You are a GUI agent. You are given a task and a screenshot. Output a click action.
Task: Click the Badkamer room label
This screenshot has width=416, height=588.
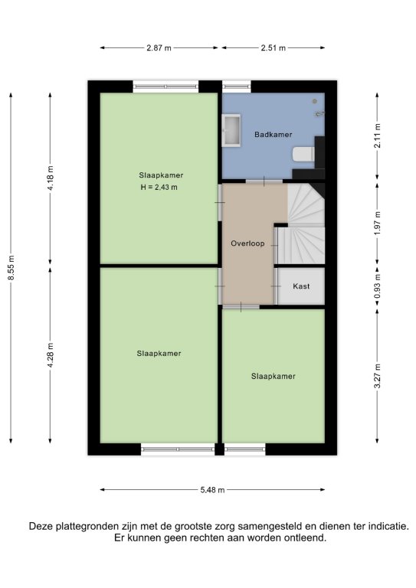click(273, 134)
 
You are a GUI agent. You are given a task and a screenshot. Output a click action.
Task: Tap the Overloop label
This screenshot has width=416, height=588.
click(247, 243)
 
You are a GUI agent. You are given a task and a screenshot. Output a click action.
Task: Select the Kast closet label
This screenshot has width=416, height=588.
click(301, 286)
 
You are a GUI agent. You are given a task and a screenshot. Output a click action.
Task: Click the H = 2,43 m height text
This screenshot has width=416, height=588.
click(159, 187)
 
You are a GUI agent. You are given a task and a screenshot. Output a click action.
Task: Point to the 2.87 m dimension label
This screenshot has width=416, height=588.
click(159, 47)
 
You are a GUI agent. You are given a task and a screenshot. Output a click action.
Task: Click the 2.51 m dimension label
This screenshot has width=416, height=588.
click(274, 47)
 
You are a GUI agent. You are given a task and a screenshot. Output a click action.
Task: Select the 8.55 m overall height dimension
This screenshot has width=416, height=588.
click(11, 267)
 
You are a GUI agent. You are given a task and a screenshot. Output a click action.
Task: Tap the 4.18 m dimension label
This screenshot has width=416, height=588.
click(51, 178)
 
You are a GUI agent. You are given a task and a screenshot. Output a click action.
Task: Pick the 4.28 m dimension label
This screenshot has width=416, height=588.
click(51, 354)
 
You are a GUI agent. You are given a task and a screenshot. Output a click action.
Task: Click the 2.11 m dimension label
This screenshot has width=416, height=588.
click(378, 136)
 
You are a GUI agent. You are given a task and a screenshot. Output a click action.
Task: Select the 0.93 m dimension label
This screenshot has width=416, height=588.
click(378, 286)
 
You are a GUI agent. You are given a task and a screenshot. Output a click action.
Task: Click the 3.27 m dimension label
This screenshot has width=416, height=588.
click(378, 376)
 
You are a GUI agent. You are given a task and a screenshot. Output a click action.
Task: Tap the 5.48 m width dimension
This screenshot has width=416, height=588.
click(212, 490)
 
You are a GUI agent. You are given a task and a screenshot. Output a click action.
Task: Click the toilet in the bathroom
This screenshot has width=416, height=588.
click(303, 154)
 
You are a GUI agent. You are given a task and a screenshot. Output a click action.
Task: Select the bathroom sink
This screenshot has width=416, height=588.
click(231, 130)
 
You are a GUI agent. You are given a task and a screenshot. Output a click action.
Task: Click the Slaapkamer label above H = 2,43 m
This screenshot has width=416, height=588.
click(161, 175)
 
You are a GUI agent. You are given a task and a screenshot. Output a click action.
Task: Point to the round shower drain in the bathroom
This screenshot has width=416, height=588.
click(315, 101)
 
